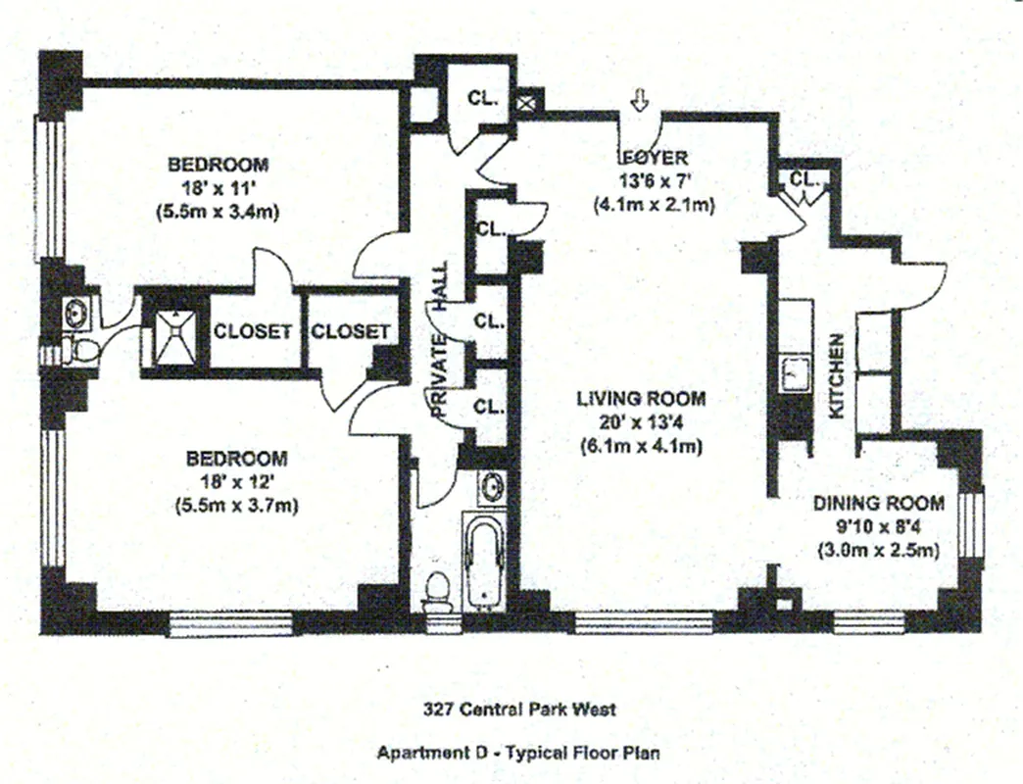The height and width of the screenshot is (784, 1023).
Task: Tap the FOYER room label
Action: click(654, 158)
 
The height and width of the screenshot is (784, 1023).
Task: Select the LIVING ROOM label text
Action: click(641, 399)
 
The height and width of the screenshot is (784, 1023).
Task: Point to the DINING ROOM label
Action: click(879, 504)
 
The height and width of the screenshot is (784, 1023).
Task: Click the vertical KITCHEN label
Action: click(838, 376)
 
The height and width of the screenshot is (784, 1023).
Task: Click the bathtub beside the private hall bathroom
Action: click(484, 563)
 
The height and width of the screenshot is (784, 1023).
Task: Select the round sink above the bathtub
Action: click(493, 485)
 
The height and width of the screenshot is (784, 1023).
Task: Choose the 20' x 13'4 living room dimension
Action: click(641, 422)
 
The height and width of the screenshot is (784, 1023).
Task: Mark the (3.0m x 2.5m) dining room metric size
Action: click(879, 550)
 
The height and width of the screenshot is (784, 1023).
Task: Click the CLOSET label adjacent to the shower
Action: click(253, 331)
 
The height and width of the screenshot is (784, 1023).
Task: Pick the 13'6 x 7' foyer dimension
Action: click(654, 181)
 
